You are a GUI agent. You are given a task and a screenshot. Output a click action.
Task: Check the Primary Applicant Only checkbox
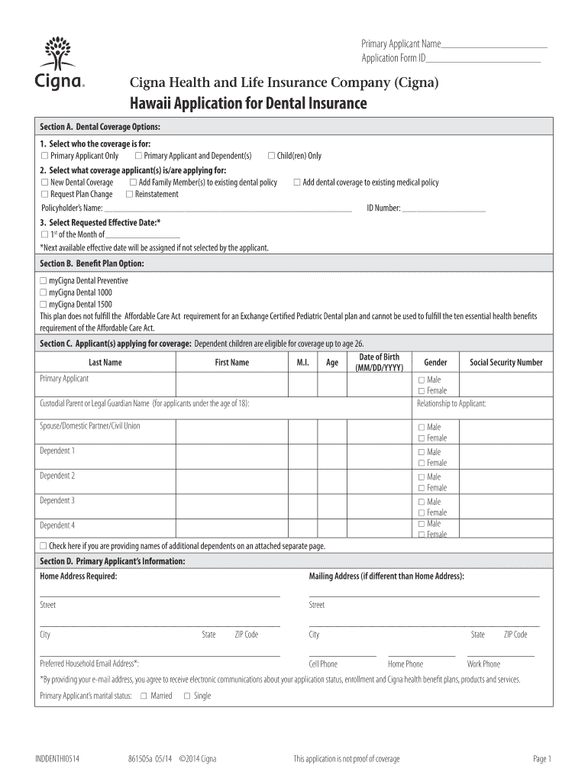[44, 156]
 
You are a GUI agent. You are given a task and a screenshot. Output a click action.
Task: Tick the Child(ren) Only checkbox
[271, 156]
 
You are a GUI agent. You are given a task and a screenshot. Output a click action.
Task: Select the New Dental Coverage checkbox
[44, 183]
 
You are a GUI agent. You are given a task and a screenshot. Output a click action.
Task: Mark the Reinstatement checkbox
[129, 194]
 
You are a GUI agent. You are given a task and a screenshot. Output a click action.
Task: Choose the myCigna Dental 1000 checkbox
[44, 292]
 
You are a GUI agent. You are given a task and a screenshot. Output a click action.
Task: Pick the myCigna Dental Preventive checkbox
[44, 281]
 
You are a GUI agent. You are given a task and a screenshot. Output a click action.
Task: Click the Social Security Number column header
[506, 363]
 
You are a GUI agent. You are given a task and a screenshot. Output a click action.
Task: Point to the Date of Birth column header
[379, 363]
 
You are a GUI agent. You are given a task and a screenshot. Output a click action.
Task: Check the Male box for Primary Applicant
[421, 380]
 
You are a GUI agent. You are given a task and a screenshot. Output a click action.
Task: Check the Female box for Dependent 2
[421, 488]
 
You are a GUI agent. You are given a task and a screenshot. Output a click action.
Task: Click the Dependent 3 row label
[57, 501]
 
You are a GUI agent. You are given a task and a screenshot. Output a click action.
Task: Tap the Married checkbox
[144, 696]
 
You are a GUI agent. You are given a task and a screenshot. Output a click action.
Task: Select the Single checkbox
[186, 696]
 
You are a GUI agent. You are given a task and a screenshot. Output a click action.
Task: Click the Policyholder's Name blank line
[228, 209]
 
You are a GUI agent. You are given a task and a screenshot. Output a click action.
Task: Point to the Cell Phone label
[323, 664]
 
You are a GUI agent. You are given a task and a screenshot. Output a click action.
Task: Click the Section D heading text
[112, 561]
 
